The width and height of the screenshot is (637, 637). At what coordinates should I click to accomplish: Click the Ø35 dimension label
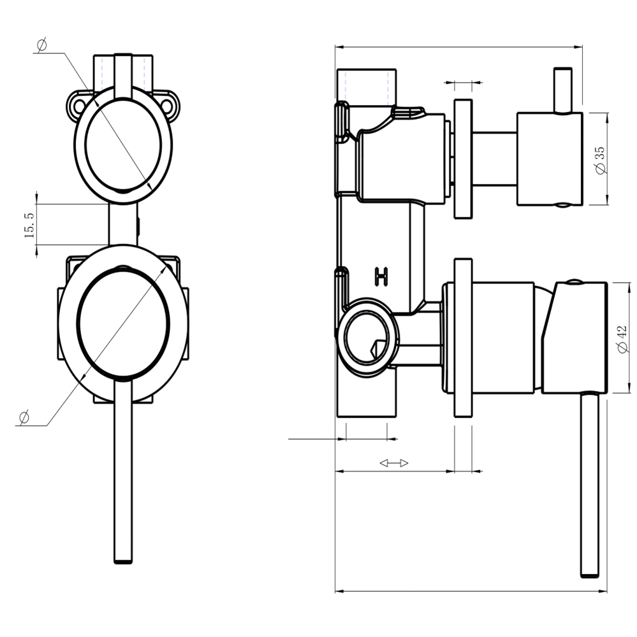[600, 159]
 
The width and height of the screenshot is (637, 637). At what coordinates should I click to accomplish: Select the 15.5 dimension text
[29, 224]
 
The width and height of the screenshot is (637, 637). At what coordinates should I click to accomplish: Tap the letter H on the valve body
[381, 276]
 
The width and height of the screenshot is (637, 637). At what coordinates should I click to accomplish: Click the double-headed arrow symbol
[394, 463]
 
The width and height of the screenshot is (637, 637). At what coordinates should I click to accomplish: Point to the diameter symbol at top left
[42, 45]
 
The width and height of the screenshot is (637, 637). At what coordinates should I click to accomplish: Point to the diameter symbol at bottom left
[23, 417]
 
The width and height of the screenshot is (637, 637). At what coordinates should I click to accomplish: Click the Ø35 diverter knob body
[549, 159]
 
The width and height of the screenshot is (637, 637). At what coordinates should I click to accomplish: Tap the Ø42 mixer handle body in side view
[573, 338]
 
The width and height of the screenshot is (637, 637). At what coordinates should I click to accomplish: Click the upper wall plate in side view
[463, 159]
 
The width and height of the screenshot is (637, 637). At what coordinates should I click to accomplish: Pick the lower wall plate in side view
[463, 338]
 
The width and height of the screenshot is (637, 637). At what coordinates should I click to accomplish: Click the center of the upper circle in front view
[123, 148]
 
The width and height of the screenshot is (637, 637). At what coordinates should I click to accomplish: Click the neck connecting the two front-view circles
[123, 224]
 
